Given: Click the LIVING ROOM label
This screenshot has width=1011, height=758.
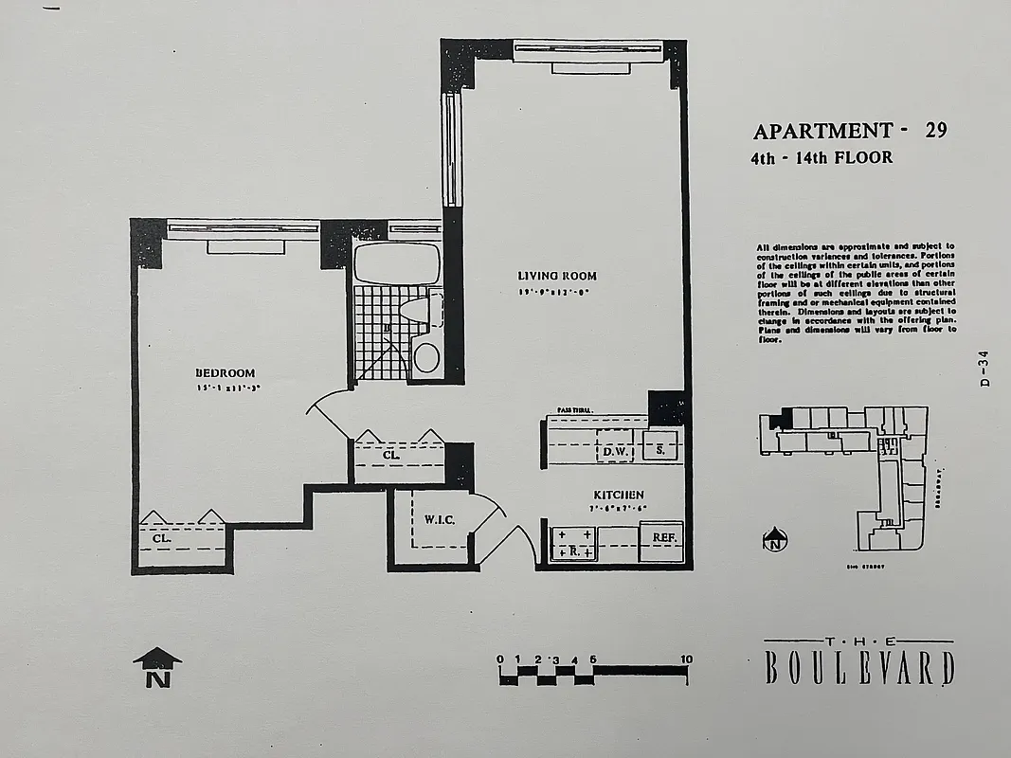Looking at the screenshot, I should point(557,276).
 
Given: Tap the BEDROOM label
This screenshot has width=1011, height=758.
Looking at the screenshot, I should point(226,372).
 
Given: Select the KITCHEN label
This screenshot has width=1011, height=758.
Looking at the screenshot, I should point(619,495).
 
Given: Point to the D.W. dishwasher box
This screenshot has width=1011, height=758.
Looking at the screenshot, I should point(616,452).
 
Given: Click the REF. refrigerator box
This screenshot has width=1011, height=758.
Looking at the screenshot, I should point(661,537).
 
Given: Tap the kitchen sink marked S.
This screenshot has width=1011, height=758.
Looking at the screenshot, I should point(660,449).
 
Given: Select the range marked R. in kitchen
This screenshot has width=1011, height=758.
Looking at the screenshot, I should point(573,544).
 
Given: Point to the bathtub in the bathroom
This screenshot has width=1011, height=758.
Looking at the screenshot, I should point(398,262).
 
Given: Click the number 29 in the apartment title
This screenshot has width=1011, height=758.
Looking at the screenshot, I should point(935,132).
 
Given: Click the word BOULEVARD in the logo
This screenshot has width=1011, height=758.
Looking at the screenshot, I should point(858,667).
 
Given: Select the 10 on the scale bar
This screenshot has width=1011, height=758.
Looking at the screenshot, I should point(685,659).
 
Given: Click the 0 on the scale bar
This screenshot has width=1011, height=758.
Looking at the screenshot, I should point(500,659).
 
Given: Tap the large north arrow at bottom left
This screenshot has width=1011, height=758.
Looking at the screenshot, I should point(157,667).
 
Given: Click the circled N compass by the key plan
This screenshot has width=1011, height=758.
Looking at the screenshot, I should point(775,540).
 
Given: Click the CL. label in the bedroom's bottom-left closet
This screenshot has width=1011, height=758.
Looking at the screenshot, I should point(162,538).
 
